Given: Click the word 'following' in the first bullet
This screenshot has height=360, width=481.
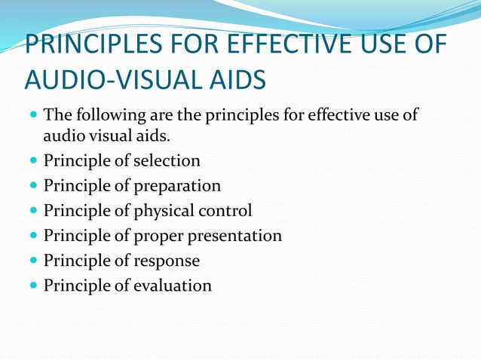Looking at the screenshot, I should pyautogui.click(x=107, y=117).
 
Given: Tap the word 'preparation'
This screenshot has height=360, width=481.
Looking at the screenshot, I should pyautogui.click(x=179, y=185).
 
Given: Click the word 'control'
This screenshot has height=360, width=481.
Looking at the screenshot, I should pyautogui.click(x=225, y=210).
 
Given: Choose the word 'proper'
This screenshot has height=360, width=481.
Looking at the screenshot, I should pyautogui.click(x=161, y=236).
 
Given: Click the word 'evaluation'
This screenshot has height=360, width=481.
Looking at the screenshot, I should pyautogui.click(x=173, y=285).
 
